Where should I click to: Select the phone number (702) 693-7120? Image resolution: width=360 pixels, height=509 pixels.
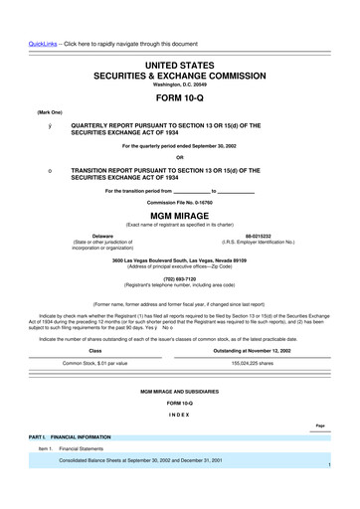(179, 278)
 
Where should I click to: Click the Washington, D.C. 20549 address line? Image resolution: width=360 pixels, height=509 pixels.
(179, 84)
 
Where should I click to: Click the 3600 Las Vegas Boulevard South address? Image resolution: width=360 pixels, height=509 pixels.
(179, 259)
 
